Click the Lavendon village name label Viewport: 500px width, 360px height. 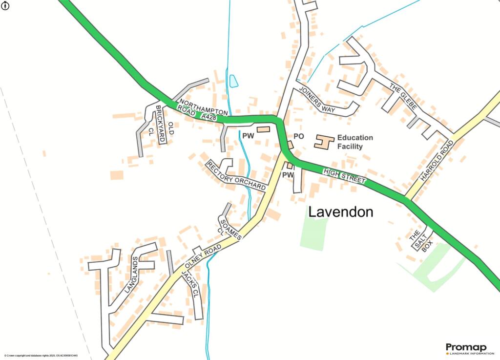coord(341,212)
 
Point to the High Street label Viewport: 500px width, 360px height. coord(344,176)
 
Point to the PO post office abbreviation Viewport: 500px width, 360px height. coord(299,137)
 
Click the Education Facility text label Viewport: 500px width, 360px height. coord(355,142)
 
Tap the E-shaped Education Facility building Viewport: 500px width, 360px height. coord(323,142)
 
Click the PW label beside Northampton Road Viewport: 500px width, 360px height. coord(248,136)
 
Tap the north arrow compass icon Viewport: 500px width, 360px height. coord(4,5)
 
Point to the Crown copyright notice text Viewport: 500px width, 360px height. coord(41,356)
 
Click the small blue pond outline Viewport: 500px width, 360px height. coord(233,81)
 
